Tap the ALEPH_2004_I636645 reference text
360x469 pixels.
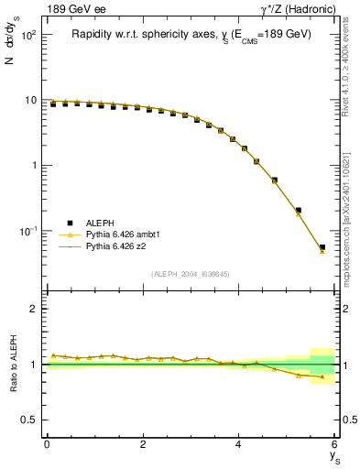190,273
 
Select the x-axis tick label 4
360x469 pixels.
239,444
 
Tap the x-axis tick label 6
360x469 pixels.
334,444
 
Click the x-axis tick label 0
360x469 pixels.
47,444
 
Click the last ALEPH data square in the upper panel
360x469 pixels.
322,247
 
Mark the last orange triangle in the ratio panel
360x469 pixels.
322,376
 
